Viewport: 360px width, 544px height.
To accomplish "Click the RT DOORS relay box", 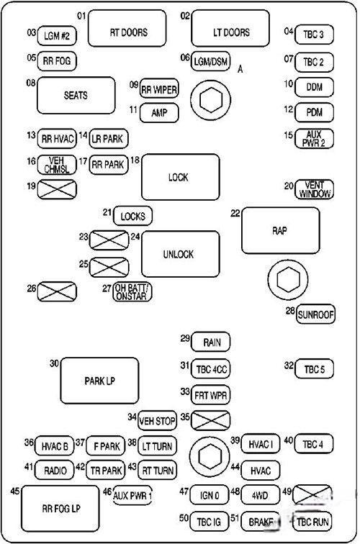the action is (127, 29).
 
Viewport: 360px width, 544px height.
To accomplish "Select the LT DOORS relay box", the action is (230, 29).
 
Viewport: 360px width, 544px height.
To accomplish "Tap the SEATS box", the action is (76, 96).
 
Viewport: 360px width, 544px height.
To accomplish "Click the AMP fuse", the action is (159, 113).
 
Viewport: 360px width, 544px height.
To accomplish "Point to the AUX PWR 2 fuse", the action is (314, 139).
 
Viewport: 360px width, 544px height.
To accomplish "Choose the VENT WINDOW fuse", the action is (314, 189).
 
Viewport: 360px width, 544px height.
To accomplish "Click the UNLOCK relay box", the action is (181, 254).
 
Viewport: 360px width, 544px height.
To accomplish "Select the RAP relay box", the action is (281, 231).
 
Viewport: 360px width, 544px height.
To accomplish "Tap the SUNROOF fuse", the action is (315, 314).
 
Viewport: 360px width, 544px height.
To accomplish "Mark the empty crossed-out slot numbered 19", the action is (57, 189).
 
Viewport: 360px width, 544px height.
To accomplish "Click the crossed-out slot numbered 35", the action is (211, 420).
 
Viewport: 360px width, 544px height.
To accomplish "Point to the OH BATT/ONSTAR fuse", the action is (132, 291).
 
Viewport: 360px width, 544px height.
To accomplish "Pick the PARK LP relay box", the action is (99, 381).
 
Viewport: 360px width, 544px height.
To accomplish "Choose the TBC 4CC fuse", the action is (211, 369).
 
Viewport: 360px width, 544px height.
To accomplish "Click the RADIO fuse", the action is (55, 470).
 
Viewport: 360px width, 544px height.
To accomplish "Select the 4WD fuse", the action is (261, 495).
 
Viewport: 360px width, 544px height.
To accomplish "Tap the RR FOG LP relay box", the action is (60, 508).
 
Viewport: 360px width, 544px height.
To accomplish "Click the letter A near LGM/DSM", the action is (240, 69).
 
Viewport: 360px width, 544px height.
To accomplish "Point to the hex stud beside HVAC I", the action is (210, 456).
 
